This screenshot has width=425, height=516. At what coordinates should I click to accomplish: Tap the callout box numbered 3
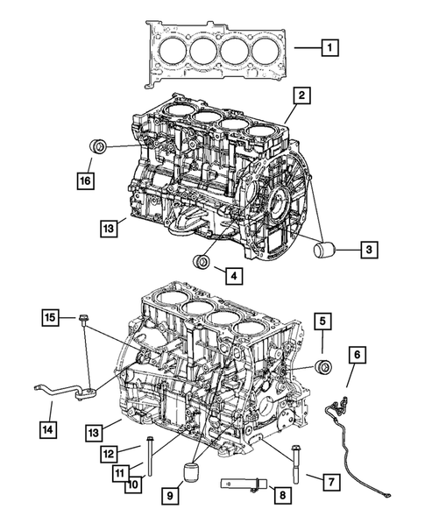[369, 251]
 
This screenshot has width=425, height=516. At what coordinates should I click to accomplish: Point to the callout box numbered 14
[51, 428]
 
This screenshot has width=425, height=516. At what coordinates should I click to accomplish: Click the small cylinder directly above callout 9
[192, 475]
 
